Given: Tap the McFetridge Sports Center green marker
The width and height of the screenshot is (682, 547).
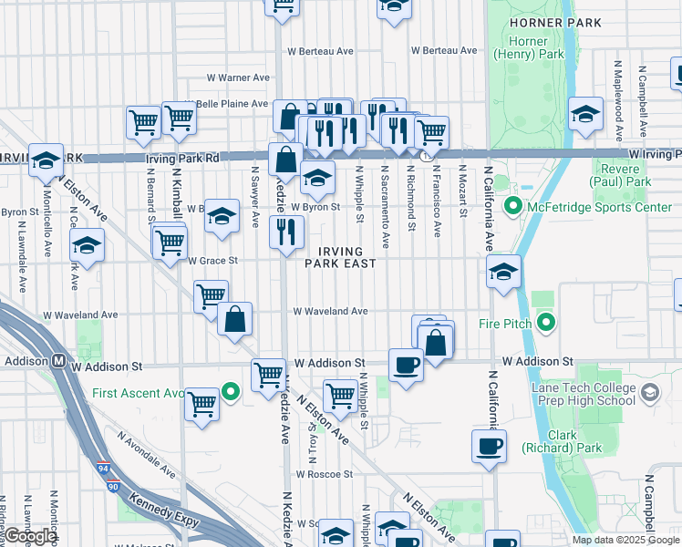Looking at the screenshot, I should [511, 207].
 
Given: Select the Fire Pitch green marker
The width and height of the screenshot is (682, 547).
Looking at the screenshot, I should [546, 322].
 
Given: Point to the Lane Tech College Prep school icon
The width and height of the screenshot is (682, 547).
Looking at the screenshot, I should [650, 393].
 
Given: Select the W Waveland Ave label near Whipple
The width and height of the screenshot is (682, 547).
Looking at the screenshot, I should [330, 311].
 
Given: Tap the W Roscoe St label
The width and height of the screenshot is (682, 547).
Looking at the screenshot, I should [324, 474].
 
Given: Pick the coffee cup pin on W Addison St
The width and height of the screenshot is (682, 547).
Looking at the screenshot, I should [406, 365].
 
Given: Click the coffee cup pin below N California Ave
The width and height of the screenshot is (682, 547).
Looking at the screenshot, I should [489, 446].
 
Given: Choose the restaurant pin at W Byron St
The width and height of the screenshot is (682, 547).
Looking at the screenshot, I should [286, 232].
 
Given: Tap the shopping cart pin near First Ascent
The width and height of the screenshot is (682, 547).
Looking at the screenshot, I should [201, 403].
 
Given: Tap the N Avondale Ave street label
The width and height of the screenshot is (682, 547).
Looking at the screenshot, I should [146, 454].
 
